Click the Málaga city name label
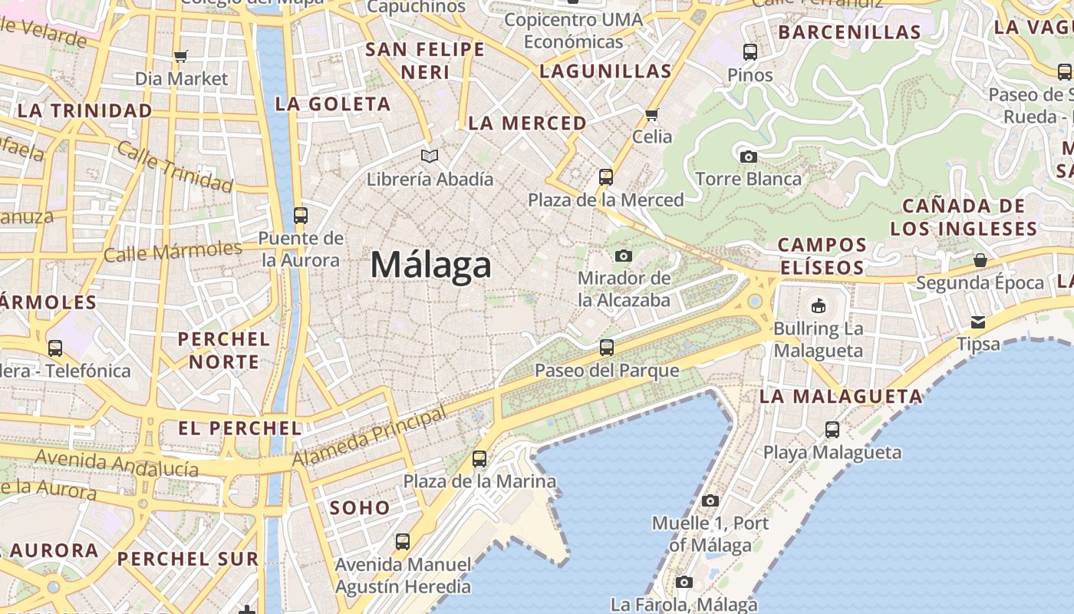(x=430, y=266)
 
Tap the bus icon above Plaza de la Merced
(x=606, y=177)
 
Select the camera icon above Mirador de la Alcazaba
(x=624, y=256)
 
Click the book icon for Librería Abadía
(x=430, y=157)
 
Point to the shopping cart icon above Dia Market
(x=181, y=56)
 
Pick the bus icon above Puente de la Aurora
(x=301, y=216)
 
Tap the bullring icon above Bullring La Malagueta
(x=819, y=306)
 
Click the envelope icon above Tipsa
(x=978, y=322)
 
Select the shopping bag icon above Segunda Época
(x=980, y=260)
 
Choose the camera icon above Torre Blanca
(x=748, y=157)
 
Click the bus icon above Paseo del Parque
(x=607, y=348)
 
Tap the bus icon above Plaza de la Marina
(x=479, y=459)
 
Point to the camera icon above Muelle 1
(x=710, y=501)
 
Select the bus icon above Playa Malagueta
(x=832, y=430)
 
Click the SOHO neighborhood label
(x=360, y=508)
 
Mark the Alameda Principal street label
(x=370, y=437)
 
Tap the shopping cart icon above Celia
(x=652, y=115)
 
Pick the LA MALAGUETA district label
(x=841, y=397)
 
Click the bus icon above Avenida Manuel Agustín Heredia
(x=403, y=542)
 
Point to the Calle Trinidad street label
(x=176, y=167)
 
